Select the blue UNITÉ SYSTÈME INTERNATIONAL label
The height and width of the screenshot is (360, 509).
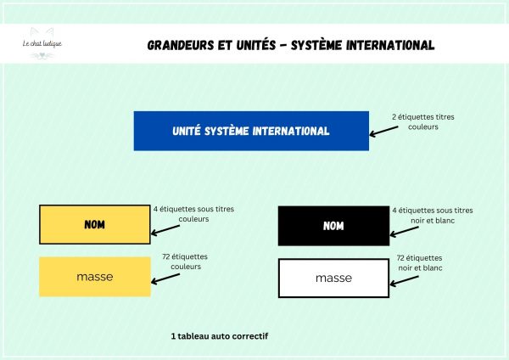point(251,131)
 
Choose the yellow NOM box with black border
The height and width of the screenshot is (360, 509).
point(95,225)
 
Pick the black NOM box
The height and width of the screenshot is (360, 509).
point(333,225)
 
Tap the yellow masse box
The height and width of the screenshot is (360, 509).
point(95,277)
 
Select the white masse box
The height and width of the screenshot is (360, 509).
point(333,278)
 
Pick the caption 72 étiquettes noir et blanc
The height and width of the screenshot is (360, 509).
point(419,262)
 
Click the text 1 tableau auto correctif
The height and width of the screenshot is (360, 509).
point(220,336)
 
